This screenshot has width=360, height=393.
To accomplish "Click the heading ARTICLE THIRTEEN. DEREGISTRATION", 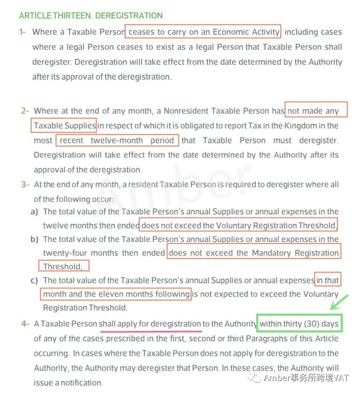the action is (91, 16).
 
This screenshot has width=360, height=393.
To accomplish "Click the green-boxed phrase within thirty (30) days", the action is (299, 324).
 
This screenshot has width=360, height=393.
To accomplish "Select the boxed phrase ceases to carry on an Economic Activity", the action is (204, 32).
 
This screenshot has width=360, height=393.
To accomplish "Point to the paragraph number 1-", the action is (23, 32).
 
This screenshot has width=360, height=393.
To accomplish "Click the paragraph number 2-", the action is (25, 111).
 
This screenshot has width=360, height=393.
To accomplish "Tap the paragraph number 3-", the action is (25, 185).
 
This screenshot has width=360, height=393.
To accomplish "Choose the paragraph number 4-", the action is (25, 324).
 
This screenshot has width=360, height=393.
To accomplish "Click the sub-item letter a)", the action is (34, 212).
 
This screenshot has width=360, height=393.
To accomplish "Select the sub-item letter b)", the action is (34, 239).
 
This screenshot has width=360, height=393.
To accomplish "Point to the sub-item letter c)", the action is (34, 280).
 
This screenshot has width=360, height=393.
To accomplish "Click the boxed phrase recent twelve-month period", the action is (117, 140).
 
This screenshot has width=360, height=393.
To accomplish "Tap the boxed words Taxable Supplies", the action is (64, 126).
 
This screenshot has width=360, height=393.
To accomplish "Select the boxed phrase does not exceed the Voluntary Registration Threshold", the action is (238, 225).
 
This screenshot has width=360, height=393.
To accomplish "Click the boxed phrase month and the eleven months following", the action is (116, 294).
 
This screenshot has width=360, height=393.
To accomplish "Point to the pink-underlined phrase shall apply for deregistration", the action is (150, 324).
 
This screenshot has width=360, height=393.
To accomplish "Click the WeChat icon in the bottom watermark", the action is (256, 378).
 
